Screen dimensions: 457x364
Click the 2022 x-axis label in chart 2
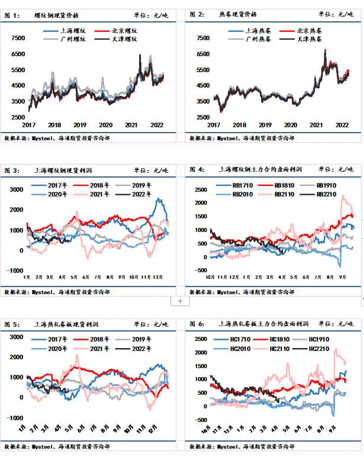[342, 125]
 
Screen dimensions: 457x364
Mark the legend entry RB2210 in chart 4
[328, 194]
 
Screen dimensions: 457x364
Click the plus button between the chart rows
[180, 301]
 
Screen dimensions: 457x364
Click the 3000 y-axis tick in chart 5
[16, 336]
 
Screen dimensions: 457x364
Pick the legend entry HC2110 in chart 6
[282, 349]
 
